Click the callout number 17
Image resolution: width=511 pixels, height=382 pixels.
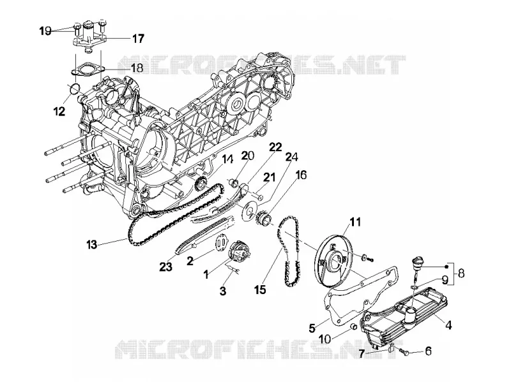tap(138, 39)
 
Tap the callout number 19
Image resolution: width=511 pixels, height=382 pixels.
tap(45, 31)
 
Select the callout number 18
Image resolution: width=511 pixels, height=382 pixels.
tap(137, 68)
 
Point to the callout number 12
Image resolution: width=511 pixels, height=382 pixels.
tap(59, 112)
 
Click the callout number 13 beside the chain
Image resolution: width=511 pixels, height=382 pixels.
tap(92, 244)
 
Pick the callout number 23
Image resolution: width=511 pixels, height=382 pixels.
tap(165, 267)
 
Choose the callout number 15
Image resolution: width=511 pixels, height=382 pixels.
tap(261, 290)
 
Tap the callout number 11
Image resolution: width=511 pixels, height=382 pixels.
tap(355, 222)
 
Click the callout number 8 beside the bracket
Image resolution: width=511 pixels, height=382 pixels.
tap(461, 274)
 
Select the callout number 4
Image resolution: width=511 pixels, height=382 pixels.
tap(448, 325)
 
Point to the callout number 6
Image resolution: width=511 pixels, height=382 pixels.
tap(428, 351)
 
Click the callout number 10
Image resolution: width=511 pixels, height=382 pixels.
tap(324, 339)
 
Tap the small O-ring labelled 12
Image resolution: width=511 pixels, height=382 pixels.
tap(74, 88)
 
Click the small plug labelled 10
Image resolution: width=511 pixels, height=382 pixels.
tap(353, 327)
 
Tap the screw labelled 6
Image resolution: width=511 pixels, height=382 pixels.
tap(404, 352)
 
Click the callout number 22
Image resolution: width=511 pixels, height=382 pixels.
tap(275, 147)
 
